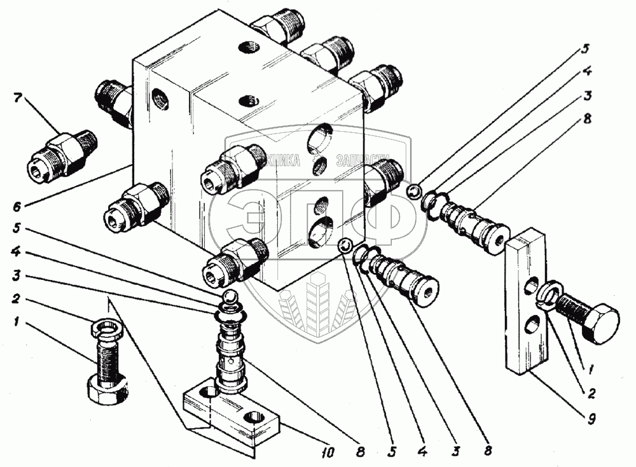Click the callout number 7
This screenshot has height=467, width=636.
(17, 98)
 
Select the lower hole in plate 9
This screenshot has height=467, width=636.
(527, 328)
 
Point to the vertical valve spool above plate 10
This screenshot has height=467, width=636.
(230, 356)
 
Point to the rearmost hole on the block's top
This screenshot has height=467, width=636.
(247, 46)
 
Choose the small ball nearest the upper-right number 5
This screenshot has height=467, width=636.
(413, 190)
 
